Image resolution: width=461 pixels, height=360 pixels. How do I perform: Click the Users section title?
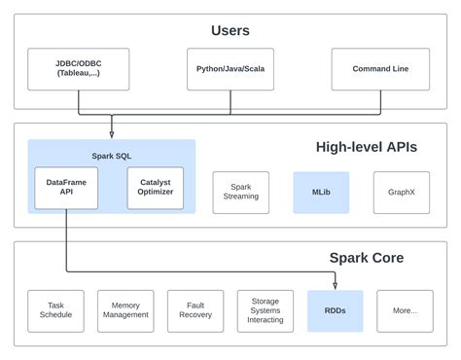point(230,30)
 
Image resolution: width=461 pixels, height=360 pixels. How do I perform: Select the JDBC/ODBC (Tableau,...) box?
point(69,69)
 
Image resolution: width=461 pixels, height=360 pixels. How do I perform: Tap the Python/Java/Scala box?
point(230,69)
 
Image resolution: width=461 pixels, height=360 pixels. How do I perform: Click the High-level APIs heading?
point(366,147)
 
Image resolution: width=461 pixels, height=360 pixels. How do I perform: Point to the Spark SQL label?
point(111,155)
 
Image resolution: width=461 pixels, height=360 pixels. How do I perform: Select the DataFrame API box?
point(66,188)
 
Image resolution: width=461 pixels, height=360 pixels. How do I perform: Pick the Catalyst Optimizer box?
point(155,188)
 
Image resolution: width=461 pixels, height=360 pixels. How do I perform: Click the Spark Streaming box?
point(240,192)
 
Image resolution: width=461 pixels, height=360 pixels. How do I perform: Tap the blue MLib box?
point(320,192)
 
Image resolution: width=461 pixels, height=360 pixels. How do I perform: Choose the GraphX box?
point(401,192)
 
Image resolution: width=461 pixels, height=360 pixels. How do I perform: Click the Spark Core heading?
point(366,258)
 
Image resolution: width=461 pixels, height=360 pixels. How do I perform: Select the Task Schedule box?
point(55,310)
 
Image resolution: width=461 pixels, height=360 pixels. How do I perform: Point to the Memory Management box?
point(125,310)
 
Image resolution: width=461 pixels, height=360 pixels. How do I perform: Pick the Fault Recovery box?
point(195,310)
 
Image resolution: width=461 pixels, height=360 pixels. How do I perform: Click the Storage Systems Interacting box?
point(266,310)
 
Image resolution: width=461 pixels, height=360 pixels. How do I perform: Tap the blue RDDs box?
point(335,310)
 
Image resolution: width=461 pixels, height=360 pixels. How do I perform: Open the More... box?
point(405,310)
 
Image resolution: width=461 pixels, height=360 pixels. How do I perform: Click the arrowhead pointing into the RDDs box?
point(335,286)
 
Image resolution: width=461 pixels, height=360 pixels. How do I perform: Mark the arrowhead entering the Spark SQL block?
point(111,135)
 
